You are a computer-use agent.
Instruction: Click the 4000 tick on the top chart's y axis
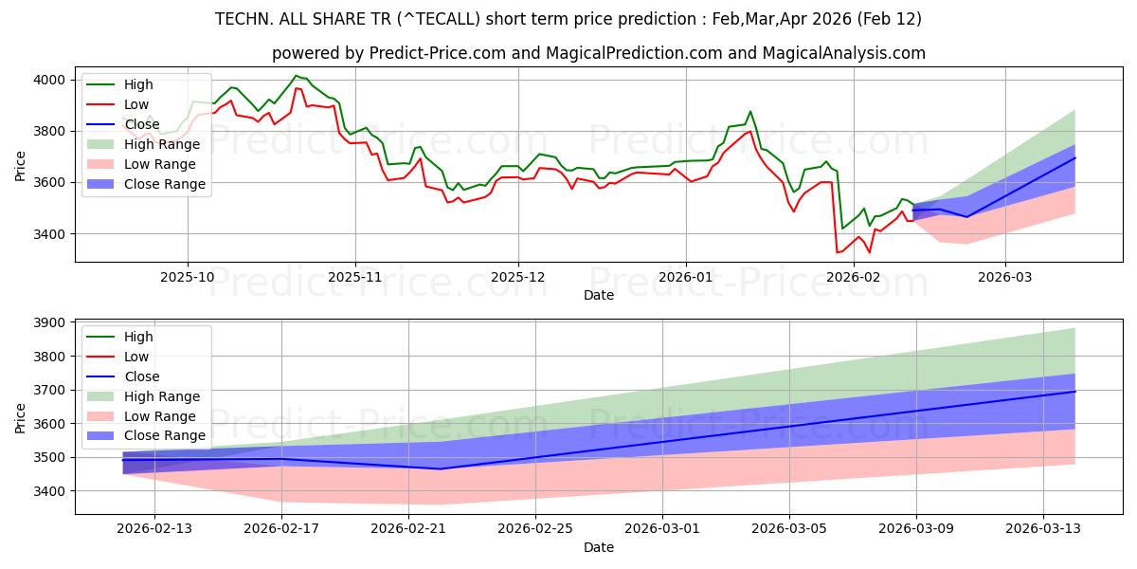pos(50,80)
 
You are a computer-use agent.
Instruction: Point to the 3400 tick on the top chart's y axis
pos(50,234)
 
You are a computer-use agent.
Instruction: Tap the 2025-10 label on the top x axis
pos(188,277)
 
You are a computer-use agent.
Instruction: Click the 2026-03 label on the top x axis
pos(1005,277)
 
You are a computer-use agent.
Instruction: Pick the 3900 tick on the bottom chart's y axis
pos(50,323)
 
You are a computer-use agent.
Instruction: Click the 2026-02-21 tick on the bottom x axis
pos(408,529)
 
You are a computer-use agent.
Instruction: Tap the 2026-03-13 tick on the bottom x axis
pos(1043,529)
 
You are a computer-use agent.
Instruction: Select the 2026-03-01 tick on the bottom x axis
pos(662,529)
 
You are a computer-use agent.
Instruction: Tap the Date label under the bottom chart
pos(598,547)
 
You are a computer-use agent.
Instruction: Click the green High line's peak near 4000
pos(296,76)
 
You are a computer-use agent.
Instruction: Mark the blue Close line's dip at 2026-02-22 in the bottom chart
pos(440,468)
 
